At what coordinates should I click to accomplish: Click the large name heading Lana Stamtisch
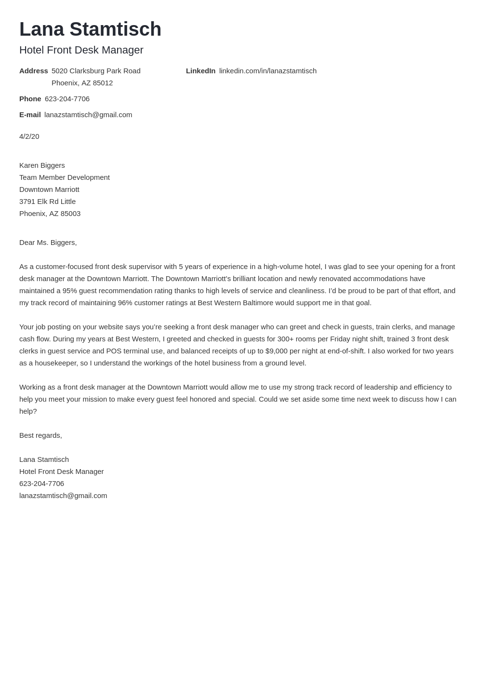(90, 29)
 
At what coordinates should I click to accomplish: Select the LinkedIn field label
(200, 71)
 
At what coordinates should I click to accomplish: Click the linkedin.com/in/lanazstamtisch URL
(267, 71)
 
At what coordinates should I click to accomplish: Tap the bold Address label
(33, 71)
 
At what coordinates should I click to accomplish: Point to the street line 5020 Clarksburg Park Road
(96, 71)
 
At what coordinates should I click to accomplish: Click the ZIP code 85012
(103, 83)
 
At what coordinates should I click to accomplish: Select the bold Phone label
(30, 99)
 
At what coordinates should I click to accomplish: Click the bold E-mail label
(30, 115)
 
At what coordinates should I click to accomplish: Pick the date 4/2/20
(29, 136)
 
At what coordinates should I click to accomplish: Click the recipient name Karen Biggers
(42, 165)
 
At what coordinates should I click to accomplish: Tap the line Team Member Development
(64, 177)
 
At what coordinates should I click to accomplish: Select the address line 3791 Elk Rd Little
(47, 202)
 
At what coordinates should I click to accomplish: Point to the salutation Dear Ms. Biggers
(48, 243)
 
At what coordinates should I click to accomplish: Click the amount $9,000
(276, 351)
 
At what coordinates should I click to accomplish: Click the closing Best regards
(40, 435)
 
